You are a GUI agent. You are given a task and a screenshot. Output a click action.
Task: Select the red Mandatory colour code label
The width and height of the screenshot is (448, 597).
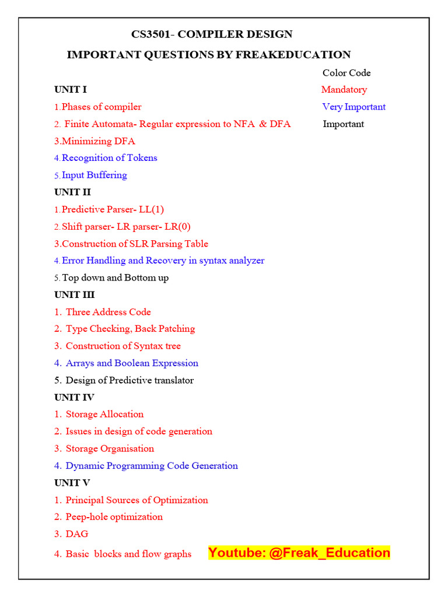coord(344,90)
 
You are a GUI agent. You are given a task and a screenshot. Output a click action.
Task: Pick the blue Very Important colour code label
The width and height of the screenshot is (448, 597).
coord(353,107)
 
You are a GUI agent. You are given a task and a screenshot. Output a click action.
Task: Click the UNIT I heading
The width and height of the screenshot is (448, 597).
coord(71,90)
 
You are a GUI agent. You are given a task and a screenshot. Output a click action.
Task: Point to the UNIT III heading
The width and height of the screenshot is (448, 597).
coord(75,295)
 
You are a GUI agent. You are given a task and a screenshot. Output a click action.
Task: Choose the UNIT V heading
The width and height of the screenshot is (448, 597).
coord(72,483)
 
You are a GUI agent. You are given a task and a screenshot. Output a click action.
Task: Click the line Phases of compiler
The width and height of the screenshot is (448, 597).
coord(101,107)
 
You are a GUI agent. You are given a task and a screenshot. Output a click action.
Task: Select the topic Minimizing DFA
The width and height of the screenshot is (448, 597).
coord(98,141)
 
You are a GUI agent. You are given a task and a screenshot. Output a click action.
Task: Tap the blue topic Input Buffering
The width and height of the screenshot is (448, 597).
coord(94,175)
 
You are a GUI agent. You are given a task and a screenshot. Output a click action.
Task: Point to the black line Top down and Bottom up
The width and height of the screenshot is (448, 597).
coord(116,278)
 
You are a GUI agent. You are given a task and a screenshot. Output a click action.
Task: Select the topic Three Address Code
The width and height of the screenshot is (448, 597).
coord(108,312)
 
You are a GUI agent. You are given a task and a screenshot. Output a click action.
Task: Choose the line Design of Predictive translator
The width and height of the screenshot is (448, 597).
coord(129,380)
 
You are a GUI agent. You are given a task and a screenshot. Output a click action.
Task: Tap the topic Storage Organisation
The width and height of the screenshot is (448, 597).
coord(110,448)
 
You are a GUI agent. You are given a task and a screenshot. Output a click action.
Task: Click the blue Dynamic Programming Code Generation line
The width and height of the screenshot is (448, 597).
coord(152,466)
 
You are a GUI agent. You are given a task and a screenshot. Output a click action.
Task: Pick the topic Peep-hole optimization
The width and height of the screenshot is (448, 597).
coord(114,517)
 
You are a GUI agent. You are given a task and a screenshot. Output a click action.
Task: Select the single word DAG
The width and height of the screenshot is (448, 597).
coord(77,534)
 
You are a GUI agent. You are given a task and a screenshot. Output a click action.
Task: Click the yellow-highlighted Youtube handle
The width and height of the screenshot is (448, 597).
coord(299,553)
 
